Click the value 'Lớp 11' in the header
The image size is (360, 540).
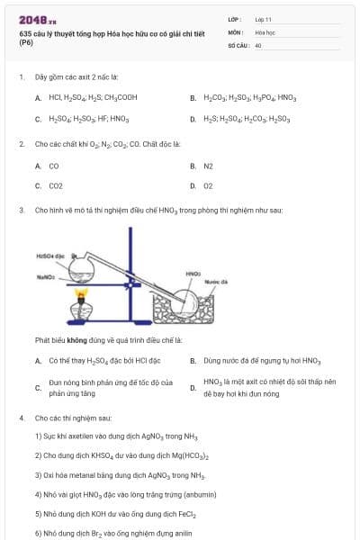click(264, 19)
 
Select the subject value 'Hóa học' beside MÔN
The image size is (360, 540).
click(265, 31)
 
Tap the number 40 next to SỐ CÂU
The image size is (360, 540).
click(258, 44)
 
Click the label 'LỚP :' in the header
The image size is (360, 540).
click(235, 19)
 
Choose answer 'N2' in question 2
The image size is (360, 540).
click(208, 166)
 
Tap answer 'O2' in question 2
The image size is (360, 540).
click(208, 186)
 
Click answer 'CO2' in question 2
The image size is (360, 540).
click(56, 186)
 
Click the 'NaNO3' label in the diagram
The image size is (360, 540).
click(48, 277)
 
